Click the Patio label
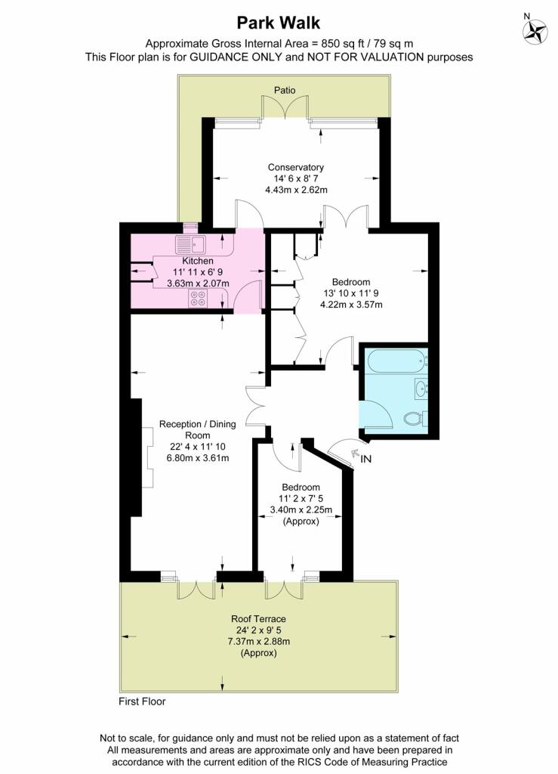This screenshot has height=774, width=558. [285, 90]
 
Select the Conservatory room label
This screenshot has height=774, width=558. [295, 167]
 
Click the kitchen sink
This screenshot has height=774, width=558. [191, 244]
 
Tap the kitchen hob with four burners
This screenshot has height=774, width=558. [199, 299]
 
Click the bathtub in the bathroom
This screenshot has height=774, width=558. [396, 360]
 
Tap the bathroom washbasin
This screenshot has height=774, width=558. [421, 389]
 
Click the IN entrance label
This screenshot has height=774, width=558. [366, 459]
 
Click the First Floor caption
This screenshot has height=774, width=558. [142, 701]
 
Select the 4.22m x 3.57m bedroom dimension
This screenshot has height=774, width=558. [351, 305]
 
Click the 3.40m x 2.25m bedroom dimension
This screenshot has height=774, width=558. [301, 510]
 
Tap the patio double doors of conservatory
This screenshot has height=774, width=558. [285, 108]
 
